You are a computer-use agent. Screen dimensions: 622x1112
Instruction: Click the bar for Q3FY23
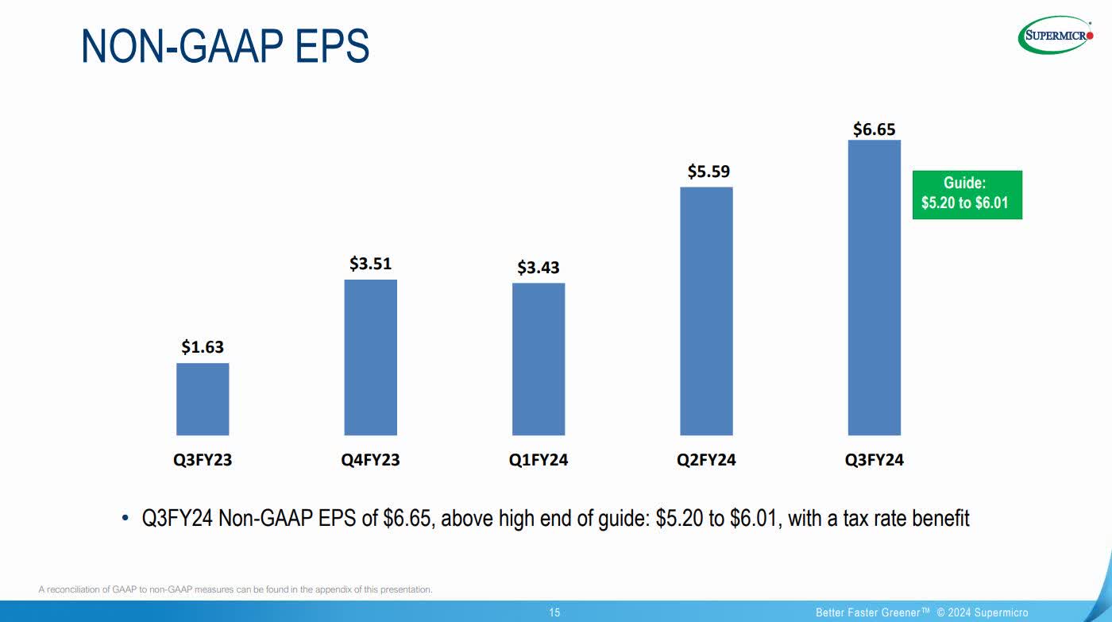pyautogui.click(x=203, y=399)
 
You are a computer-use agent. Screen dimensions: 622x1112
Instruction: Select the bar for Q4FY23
pyautogui.click(x=370, y=357)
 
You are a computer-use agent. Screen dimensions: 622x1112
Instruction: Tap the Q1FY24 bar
pyautogui.click(x=539, y=358)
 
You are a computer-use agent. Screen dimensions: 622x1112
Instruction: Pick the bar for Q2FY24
pyautogui.click(x=706, y=311)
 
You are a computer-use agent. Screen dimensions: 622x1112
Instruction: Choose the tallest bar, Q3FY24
pyautogui.click(x=875, y=288)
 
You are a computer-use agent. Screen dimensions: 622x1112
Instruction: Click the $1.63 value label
pyautogui.click(x=203, y=347)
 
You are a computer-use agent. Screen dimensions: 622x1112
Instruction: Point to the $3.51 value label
pyautogui.click(x=370, y=264)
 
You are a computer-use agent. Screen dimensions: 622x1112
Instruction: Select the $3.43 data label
pyautogui.click(x=539, y=268)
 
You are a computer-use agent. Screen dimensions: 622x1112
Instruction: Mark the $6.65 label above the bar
pyautogui.click(x=875, y=129)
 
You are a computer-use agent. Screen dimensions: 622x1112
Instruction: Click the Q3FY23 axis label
pyautogui.click(x=203, y=460)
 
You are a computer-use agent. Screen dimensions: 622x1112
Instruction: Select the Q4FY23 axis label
pyautogui.click(x=370, y=460)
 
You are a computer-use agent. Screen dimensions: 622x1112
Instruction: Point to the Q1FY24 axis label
pyautogui.click(x=539, y=460)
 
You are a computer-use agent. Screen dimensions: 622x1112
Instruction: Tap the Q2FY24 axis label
pyautogui.click(x=706, y=460)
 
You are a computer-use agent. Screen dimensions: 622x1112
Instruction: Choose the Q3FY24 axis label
pyautogui.click(x=875, y=460)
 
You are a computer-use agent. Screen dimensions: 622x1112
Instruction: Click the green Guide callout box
pyautogui.click(x=967, y=195)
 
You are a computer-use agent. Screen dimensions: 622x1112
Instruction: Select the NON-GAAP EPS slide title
pyautogui.click(x=225, y=47)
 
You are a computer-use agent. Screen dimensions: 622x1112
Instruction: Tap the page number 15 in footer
pyautogui.click(x=554, y=612)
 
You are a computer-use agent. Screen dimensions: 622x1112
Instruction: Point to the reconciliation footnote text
pyautogui.click(x=235, y=589)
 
